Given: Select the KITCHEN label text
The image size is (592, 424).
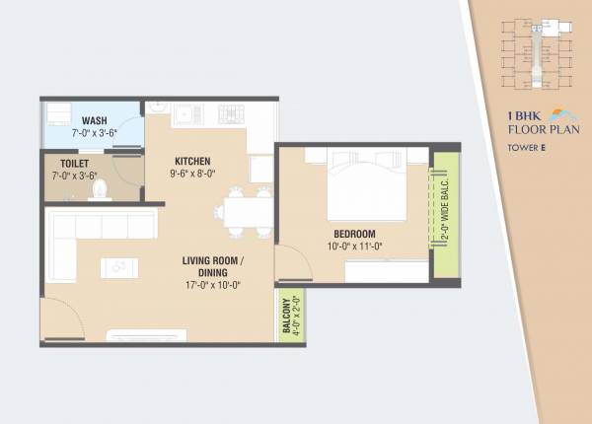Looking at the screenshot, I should (x=193, y=161).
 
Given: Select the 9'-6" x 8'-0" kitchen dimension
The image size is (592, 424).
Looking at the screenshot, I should (x=194, y=173).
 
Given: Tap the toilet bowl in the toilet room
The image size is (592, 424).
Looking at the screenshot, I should (x=98, y=188).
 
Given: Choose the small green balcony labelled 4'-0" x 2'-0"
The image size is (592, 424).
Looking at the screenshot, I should (x=292, y=318).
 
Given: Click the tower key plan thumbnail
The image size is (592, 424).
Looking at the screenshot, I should (x=532, y=48).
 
